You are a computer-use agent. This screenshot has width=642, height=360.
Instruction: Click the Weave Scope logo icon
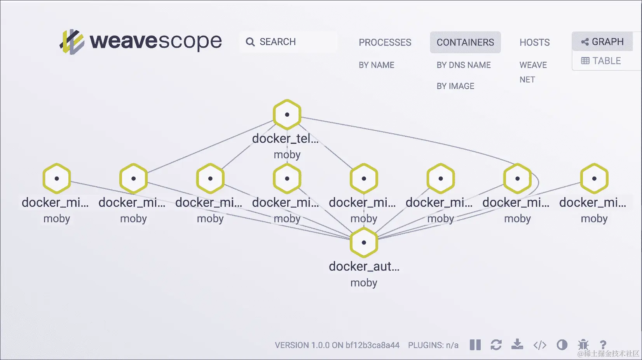click(x=72, y=41)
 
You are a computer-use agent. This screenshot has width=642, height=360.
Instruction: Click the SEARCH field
click(x=288, y=42)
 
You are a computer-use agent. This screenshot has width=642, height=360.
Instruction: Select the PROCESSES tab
click(x=385, y=42)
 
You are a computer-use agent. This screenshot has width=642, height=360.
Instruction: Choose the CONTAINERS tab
click(x=465, y=42)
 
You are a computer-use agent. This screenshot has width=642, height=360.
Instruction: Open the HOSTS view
click(x=534, y=42)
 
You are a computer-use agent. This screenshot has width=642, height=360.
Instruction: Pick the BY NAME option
click(x=376, y=65)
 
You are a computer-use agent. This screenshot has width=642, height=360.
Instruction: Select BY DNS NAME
click(x=463, y=65)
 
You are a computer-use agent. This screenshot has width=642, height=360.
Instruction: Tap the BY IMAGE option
click(x=455, y=86)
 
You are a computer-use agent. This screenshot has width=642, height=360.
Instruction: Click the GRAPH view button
click(x=602, y=42)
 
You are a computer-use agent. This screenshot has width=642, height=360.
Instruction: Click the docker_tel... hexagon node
click(x=287, y=115)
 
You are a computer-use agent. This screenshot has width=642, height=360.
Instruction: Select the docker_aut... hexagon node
click(x=364, y=243)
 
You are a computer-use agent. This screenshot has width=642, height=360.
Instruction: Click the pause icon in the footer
click(x=475, y=345)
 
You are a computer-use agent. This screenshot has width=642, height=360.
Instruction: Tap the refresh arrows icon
click(x=496, y=345)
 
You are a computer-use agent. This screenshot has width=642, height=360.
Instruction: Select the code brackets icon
click(x=540, y=345)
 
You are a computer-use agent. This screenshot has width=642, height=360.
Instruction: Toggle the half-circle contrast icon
click(x=562, y=345)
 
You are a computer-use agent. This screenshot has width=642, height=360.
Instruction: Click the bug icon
click(x=583, y=345)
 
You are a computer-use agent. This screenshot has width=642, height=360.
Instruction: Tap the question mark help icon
click(x=603, y=345)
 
